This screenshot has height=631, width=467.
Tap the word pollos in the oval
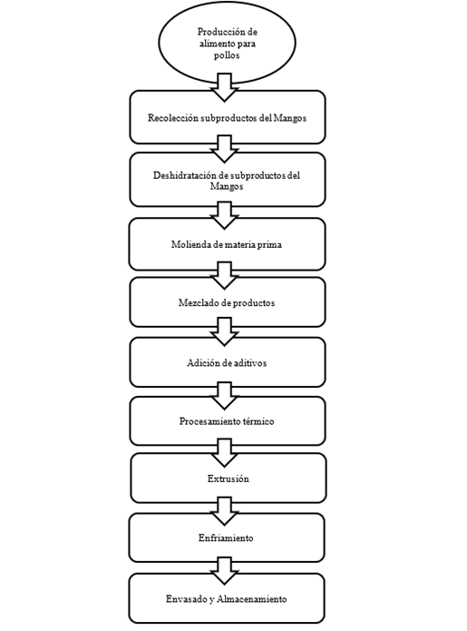(227, 55)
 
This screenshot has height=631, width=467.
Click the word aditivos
(249, 363)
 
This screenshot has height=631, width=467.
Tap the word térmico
(258, 421)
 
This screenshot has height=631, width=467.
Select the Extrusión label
(229, 478)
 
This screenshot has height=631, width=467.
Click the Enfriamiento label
(226, 538)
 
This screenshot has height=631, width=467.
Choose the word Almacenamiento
(251, 599)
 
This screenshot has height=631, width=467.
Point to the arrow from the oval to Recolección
(225, 87)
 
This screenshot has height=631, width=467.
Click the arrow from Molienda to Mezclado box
(225, 276)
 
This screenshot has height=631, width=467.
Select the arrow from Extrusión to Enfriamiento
(225, 511)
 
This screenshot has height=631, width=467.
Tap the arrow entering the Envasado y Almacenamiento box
(225, 571)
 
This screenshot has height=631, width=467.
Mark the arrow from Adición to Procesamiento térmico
(225, 396)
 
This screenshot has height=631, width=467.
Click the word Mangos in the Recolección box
(290, 118)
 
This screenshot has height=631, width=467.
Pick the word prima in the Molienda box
(269, 244)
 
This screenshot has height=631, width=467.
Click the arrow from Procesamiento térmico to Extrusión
(225, 453)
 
